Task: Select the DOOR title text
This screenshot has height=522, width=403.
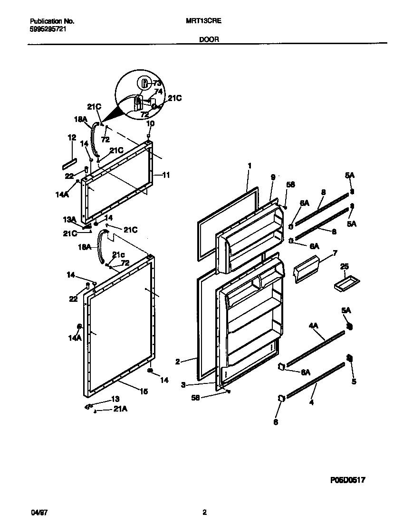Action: pyautogui.click(x=209, y=40)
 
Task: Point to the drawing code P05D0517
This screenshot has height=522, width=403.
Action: pyautogui.click(x=347, y=480)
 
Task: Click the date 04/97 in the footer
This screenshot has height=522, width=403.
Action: pyautogui.click(x=37, y=512)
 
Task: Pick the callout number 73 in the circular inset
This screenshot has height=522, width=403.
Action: pyautogui.click(x=157, y=84)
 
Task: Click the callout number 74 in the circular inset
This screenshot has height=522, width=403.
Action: pyautogui.click(x=159, y=92)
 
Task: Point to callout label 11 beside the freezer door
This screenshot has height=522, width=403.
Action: pyautogui.click(x=166, y=175)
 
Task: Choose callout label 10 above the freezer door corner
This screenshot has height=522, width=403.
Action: pyautogui.click(x=150, y=123)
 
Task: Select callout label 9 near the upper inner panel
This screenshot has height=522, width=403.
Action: pyautogui.click(x=273, y=177)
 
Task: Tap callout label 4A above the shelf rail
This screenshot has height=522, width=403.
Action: pyautogui.click(x=313, y=326)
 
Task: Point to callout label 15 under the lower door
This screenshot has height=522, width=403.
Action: pyautogui.click(x=144, y=391)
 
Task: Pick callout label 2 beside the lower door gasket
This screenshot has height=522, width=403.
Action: pyautogui.click(x=177, y=361)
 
